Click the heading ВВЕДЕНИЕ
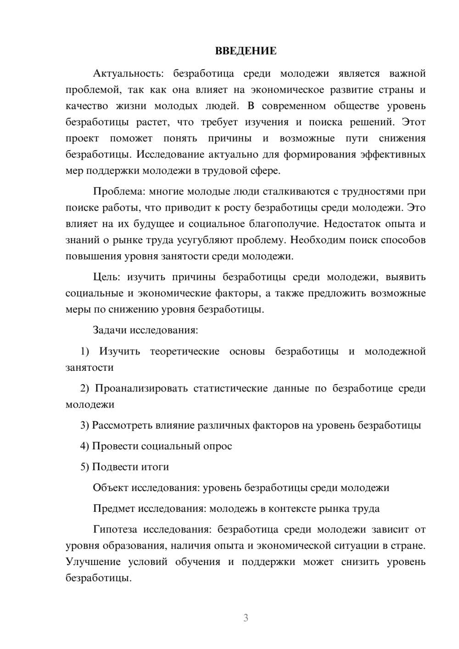pyautogui.click(x=246, y=51)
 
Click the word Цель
pyautogui.click(x=106, y=277)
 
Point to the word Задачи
pyautogui.click(x=110, y=330)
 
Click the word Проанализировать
pyautogui.click(x=141, y=388)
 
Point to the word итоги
pyautogui.click(x=155, y=467)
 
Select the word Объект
pyautogui.click(x=111, y=487)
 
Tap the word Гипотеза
pyautogui.click(x=115, y=529)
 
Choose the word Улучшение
pyautogui.click(x=93, y=562)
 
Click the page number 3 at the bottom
pyautogui.click(x=246, y=618)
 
